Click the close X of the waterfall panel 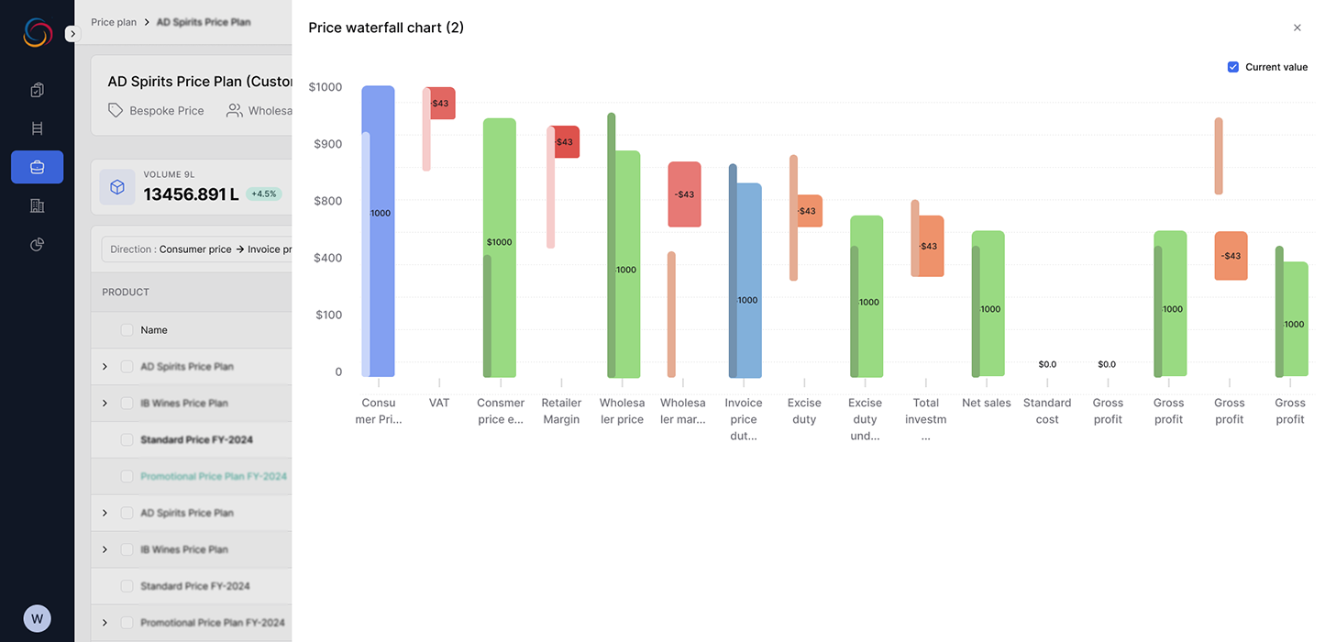click(1297, 28)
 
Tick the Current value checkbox click(1233, 67)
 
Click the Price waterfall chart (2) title click(386, 28)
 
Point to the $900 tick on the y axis click(327, 144)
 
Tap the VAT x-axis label click(439, 403)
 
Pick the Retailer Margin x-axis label click(561, 411)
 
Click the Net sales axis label click(987, 403)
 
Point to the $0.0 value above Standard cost click(1047, 364)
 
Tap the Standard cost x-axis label click(1047, 411)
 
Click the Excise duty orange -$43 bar click(808, 211)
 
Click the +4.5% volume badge click(264, 194)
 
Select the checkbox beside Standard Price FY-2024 click(127, 439)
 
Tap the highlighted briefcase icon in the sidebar click(37, 167)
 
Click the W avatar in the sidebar click(37, 618)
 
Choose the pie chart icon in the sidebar click(37, 244)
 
